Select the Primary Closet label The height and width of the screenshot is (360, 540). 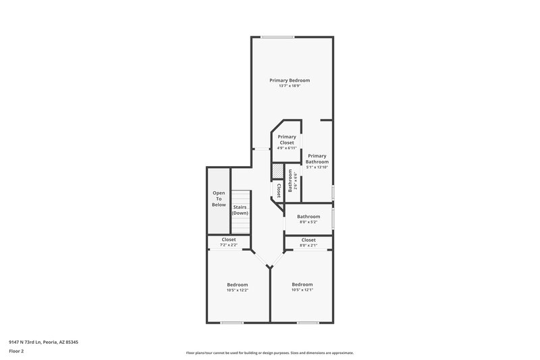[x=287, y=139]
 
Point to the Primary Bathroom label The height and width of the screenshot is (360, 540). [x=317, y=159]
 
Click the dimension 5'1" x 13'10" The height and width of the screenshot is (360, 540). [x=317, y=167]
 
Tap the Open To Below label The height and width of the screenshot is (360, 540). [x=219, y=199]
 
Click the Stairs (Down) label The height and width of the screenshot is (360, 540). [x=240, y=210]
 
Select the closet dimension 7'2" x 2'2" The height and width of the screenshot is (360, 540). [x=229, y=245]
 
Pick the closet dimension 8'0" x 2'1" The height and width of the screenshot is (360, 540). [x=308, y=245]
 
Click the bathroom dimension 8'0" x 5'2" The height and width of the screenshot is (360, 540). [x=308, y=222]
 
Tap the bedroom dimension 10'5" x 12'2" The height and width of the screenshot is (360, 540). [x=237, y=290]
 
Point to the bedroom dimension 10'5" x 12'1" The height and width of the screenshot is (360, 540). [x=302, y=290]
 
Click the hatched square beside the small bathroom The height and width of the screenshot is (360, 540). [x=277, y=172]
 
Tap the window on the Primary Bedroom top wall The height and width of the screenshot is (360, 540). [x=277, y=37]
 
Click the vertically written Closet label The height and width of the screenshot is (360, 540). [x=277, y=190]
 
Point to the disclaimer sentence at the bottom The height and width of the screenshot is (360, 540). [x=269, y=353]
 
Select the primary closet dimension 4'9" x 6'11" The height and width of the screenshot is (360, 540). [x=287, y=148]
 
